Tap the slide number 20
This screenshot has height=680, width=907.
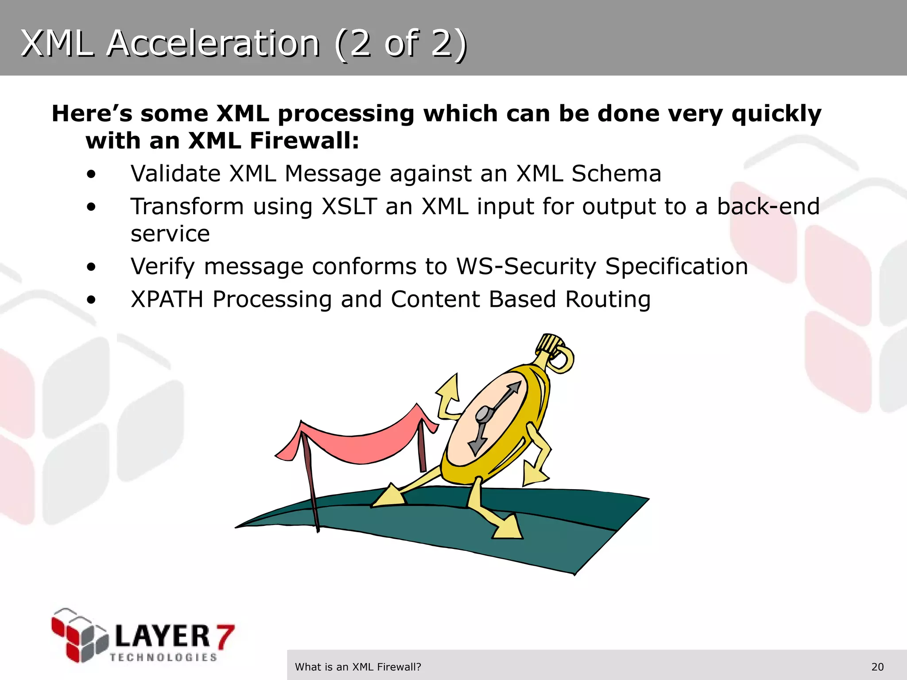pos(877,667)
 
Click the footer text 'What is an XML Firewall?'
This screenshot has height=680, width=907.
pos(358,667)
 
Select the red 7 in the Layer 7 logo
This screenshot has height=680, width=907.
pos(224,636)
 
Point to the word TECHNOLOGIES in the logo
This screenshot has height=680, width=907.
pos(163,657)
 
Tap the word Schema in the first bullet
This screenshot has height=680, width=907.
pos(616,174)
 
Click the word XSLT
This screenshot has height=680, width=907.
pos(349,207)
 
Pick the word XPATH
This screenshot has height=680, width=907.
pos(167,300)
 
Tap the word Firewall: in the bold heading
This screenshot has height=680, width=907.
pos(304,141)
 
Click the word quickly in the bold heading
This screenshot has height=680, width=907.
pos(776,114)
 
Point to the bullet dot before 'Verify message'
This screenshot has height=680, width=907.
pos(91,267)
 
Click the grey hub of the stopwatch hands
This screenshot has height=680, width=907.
pos(483,415)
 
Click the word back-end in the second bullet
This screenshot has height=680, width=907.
pos(768,207)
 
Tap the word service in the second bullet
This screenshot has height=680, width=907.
pos(170,234)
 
